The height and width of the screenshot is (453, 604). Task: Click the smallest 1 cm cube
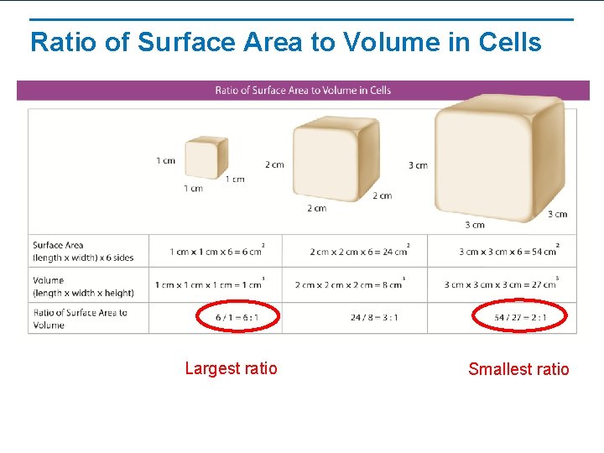tap(206, 157)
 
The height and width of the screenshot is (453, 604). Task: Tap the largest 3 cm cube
tap(498, 159)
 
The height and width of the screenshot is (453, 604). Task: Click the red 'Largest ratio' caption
tap(231, 368)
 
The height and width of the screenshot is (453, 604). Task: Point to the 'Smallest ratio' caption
tap(518, 369)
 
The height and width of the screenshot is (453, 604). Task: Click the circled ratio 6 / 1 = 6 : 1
tap(237, 318)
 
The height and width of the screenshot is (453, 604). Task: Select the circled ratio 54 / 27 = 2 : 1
tap(519, 318)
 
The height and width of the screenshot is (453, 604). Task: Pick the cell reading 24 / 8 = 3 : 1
tap(375, 318)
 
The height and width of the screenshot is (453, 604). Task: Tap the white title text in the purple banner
tap(303, 91)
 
